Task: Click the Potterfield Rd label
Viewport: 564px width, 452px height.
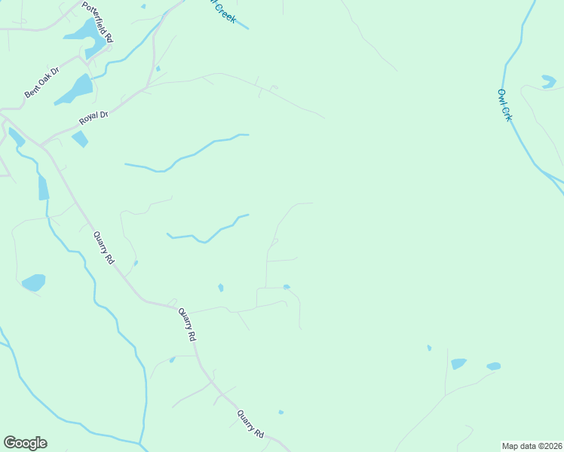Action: [x=98, y=20]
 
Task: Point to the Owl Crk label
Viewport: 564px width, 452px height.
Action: [x=504, y=105]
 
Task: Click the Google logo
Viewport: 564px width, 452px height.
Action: [x=25, y=442]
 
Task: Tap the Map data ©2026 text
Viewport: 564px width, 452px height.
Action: [x=532, y=445]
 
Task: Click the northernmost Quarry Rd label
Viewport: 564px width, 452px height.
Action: [x=103, y=247]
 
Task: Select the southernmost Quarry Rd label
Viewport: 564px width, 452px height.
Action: [x=251, y=424]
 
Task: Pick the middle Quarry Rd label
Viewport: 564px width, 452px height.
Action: [x=187, y=325]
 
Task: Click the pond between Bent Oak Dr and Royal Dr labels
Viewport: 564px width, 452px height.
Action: [x=76, y=89]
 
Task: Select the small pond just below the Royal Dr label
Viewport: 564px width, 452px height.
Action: [x=79, y=139]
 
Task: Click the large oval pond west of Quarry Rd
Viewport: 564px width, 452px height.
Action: [x=33, y=282]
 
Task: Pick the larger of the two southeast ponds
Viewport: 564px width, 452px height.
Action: [x=458, y=364]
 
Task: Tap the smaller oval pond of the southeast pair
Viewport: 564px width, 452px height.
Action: [x=493, y=366]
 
